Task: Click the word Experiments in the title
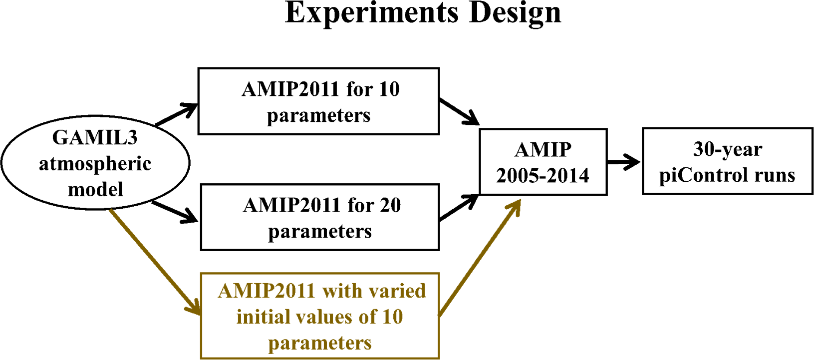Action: click(x=371, y=13)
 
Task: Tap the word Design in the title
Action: click(x=515, y=13)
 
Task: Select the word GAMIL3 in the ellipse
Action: click(x=95, y=138)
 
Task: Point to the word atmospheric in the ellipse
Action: click(x=95, y=164)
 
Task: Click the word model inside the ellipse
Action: click(x=95, y=189)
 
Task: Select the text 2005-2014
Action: click(x=543, y=176)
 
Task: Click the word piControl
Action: click(x=704, y=175)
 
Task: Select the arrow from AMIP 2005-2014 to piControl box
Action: click(x=623, y=161)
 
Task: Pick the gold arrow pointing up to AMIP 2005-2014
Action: click(x=480, y=258)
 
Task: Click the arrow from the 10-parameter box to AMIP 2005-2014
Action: click(x=459, y=112)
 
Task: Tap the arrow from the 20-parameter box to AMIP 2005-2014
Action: click(x=459, y=208)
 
